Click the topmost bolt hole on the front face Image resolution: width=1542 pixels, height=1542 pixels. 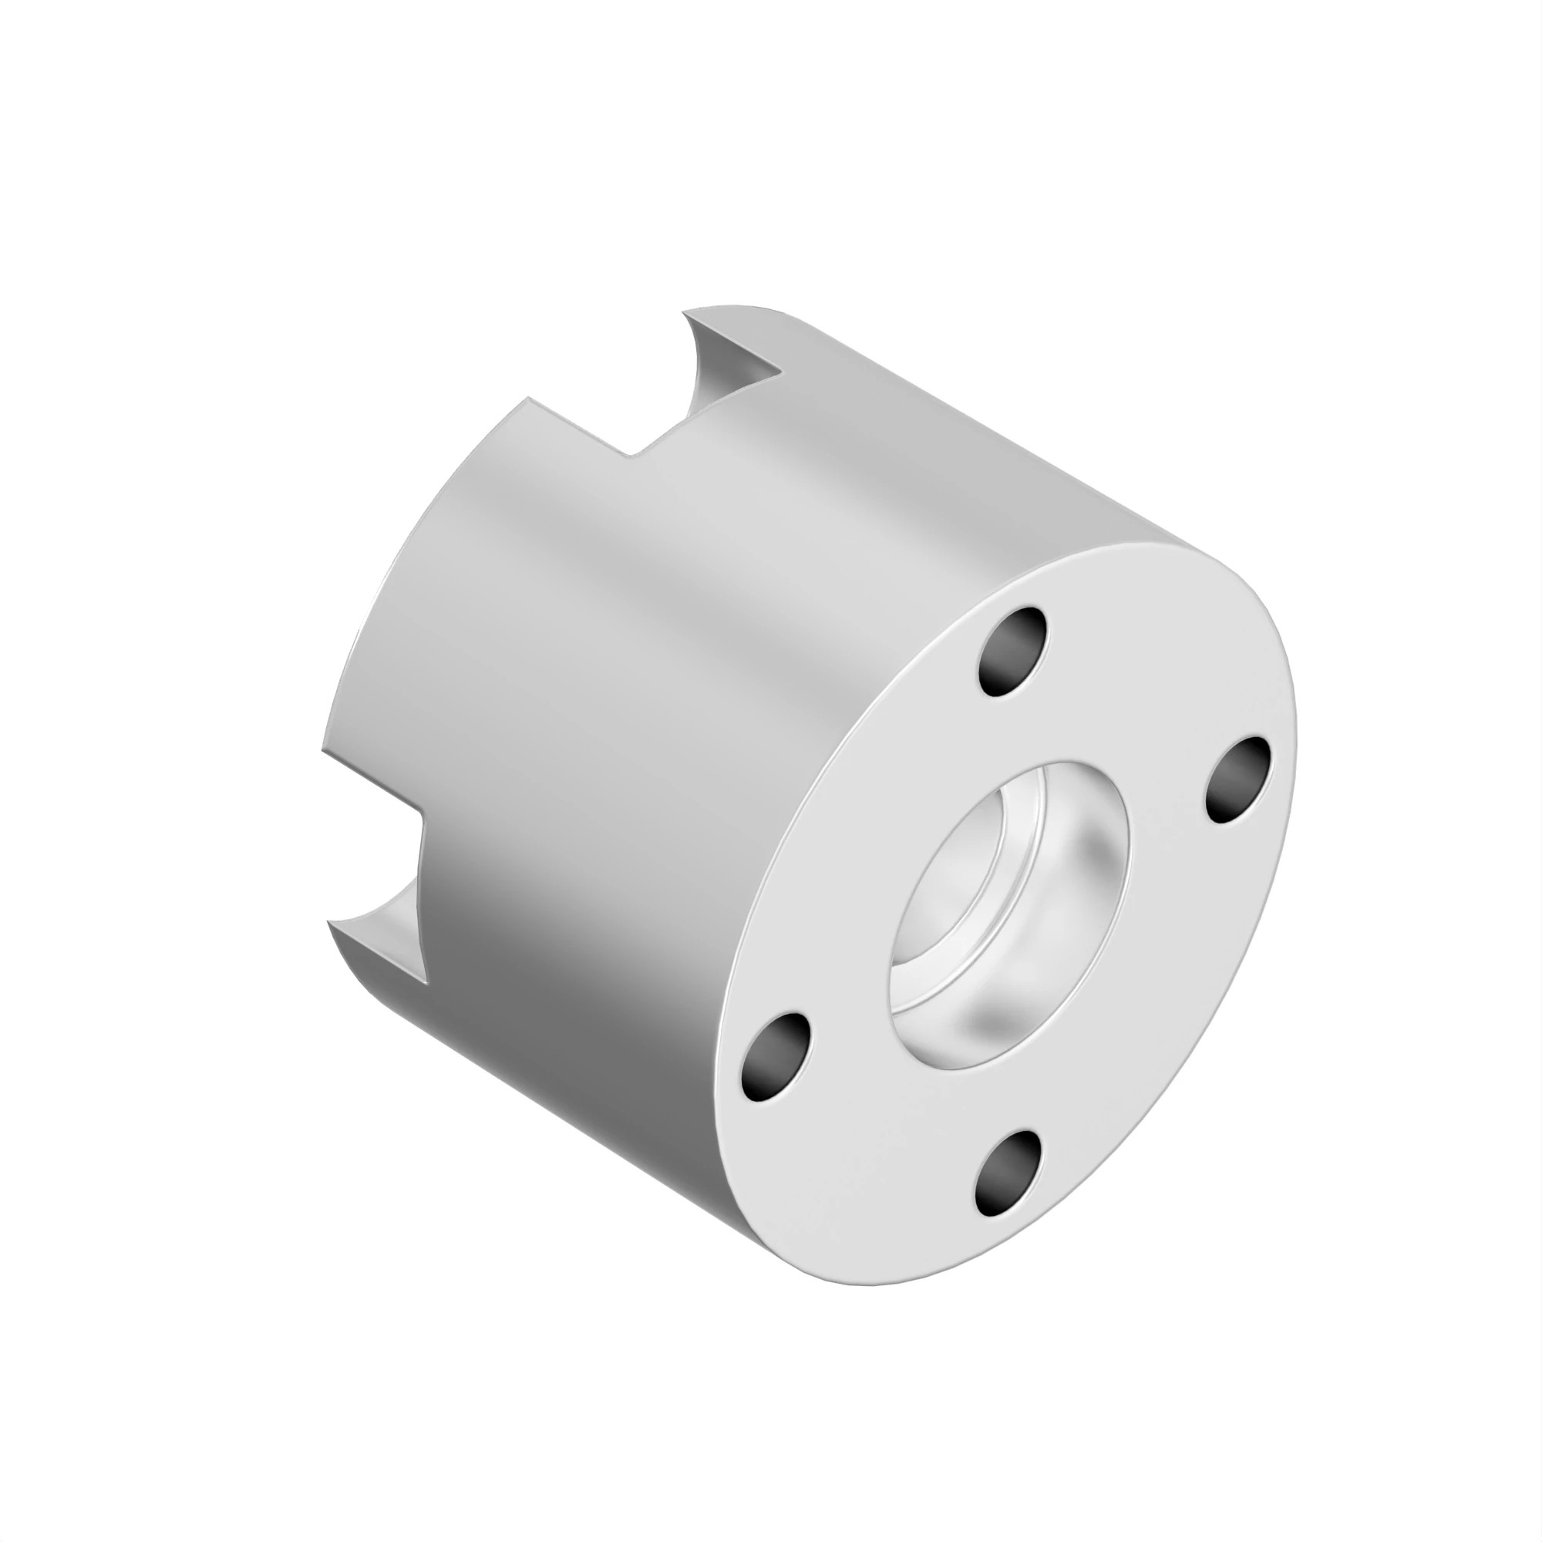(1013, 651)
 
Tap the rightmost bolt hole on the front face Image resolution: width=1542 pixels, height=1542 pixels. (1237, 779)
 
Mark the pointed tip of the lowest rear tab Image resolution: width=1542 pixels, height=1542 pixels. (330, 921)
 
